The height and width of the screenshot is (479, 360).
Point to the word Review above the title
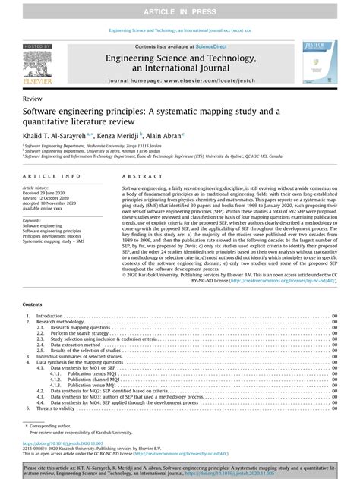[32, 99]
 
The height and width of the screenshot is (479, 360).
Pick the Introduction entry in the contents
[50, 316]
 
